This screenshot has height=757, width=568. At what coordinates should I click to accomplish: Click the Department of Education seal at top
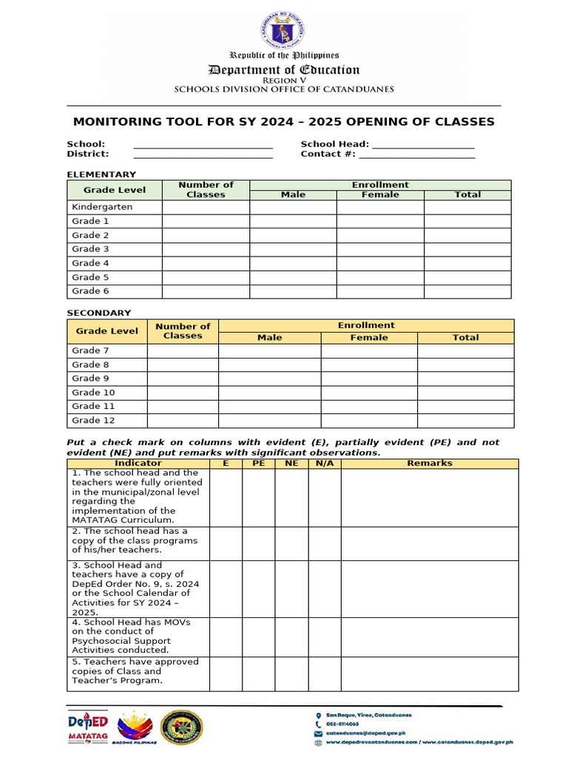pyautogui.click(x=283, y=30)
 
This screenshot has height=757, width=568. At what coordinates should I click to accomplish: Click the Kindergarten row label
pyautogui.click(x=102, y=207)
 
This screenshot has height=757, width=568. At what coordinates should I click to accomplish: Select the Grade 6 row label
pyautogui.click(x=90, y=291)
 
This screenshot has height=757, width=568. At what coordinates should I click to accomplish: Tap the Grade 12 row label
pyautogui.click(x=93, y=420)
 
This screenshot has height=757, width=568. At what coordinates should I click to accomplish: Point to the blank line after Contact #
pyautogui.click(x=416, y=155)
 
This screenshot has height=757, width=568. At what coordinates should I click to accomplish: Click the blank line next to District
pyautogui.click(x=203, y=155)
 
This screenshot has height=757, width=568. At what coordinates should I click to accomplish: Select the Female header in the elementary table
pyautogui.click(x=380, y=195)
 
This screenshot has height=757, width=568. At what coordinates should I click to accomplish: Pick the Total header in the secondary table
pyautogui.click(x=465, y=338)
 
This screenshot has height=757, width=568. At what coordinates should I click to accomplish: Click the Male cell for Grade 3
pyautogui.click(x=293, y=249)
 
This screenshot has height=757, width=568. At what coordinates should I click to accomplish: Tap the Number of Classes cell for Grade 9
pyautogui.click(x=183, y=378)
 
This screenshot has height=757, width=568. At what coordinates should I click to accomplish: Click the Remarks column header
pyautogui.click(x=430, y=464)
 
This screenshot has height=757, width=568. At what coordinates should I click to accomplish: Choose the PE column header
pyautogui.click(x=259, y=464)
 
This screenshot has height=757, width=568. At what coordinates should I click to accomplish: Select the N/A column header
pyautogui.click(x=325, y=464)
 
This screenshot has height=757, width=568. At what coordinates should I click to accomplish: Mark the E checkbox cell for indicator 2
pyautogui.click(x=226, y=543)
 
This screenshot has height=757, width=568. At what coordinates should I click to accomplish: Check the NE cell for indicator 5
pyautogui.click(x=291, y=673)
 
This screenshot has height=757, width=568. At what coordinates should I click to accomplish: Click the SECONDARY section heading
pyautogui.click(x=99, y=313)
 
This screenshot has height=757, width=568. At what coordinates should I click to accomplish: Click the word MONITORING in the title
pyautogui.click(x=121, y=122)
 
